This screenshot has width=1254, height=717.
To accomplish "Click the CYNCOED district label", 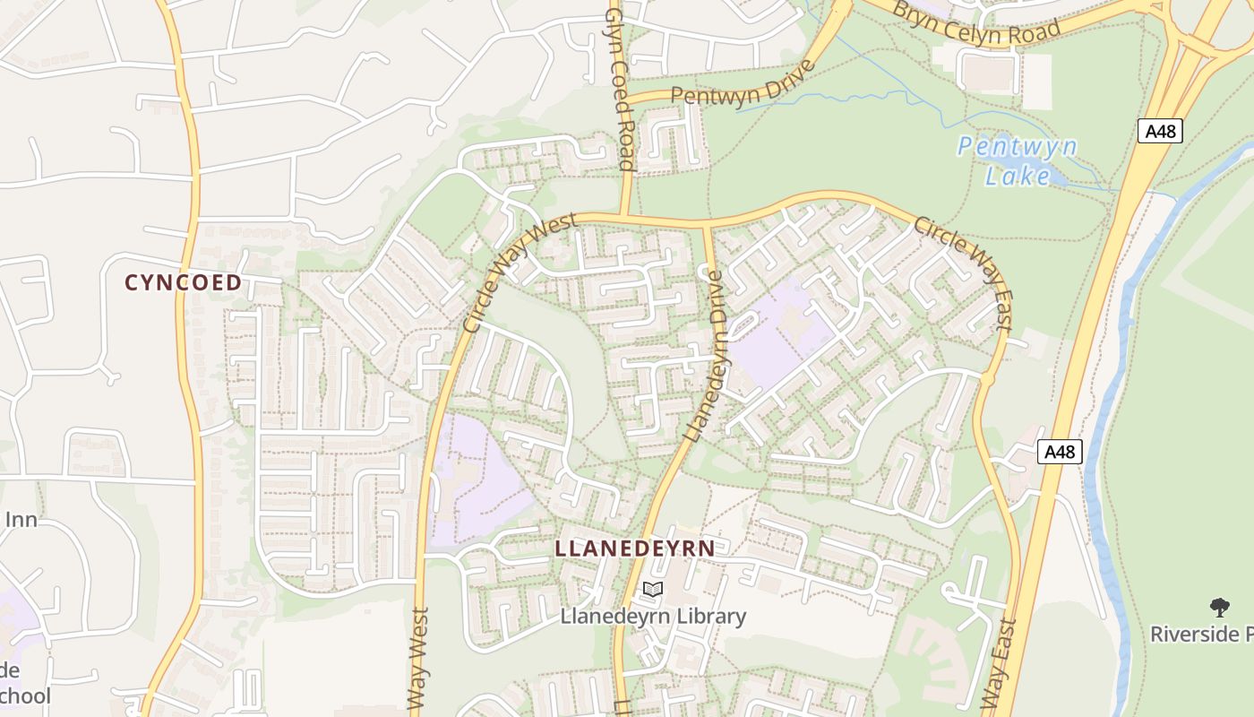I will click(x=183, y=282).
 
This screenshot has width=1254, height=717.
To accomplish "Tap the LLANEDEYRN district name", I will click(x=635, y=549).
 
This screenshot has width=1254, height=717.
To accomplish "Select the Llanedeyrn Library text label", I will click(x=653, y=617).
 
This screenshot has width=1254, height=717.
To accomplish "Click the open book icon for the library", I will click(x=653, y=590).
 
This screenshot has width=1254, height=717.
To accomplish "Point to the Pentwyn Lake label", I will click(x=1017, y=160).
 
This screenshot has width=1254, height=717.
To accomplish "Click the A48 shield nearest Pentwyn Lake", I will click(x=1161, y=131).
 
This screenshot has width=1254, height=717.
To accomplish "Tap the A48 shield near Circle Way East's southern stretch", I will click(x=1060, y=452).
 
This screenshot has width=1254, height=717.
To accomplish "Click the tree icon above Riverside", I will click(x=1219, y=608).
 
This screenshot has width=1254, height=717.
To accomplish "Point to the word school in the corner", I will click(x=25, y=695).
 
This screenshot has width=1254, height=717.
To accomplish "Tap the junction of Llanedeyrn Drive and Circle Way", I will click(x=706, y=223).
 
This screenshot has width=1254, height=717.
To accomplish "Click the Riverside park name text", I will click(x=1200, y=635).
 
